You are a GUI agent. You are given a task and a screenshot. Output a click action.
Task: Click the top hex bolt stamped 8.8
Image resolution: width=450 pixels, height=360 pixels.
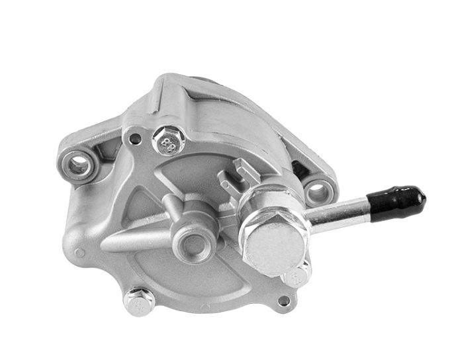click(x=165, y=141)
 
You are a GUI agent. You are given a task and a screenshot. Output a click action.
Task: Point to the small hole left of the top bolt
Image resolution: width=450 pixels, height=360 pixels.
click(x=135, y=139)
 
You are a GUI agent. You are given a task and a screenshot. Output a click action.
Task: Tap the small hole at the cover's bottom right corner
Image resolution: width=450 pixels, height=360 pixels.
click(x=285, y=300)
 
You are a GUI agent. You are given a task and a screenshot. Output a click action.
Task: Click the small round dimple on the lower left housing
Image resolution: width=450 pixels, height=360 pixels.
click(x=80, y=252)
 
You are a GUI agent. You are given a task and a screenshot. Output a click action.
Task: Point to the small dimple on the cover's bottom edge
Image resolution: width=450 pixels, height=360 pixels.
click(x=205, y=307)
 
